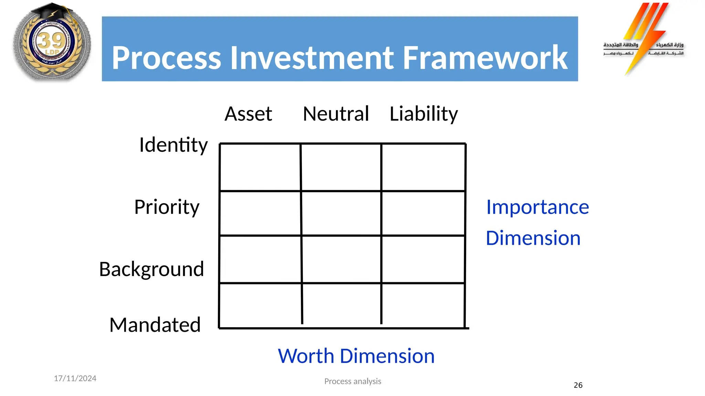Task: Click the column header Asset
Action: click(x=248, y=114)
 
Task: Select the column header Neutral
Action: click(x=336, y=114)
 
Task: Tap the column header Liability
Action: click(x=423, y=114)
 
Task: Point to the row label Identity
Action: click(x=173, y=145)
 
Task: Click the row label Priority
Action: click(x=167, y=207)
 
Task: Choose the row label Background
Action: click(x=151, y=269)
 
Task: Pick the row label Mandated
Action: click(x=155, y=324)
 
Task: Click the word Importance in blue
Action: click(x=537, y=207)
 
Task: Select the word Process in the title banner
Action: click(x=166, y=58)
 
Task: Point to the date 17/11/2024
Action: click(x=75, y=378)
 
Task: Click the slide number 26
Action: click(x=578, y=385)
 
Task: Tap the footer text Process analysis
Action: click(x=352, y=381)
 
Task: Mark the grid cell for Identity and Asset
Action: click(x=260, y=167)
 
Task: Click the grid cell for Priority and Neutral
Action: click(x=341, y=213)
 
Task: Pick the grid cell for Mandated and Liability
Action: click(x=423, y=305)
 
